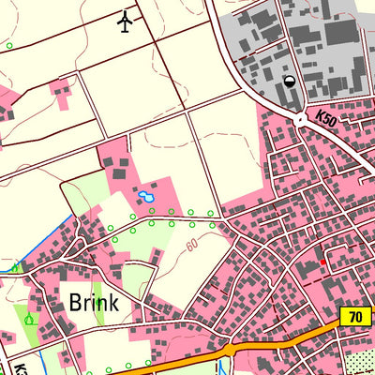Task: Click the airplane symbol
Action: [126, 21]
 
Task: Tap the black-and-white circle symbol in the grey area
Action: [290, 82]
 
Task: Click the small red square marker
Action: [323, 262]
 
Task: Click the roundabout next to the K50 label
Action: [300, 119]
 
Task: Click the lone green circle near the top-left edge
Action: [9, 45]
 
